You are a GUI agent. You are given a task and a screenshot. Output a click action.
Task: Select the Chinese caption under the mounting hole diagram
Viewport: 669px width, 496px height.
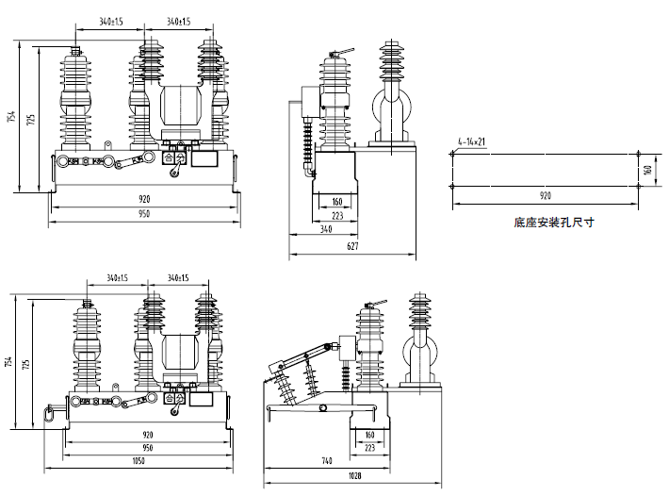[x=554, y=223]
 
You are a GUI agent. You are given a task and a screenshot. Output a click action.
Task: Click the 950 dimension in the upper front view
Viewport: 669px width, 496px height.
[x=144, y=215]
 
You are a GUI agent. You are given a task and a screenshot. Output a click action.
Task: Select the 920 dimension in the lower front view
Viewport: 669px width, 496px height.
[x=147, y=436]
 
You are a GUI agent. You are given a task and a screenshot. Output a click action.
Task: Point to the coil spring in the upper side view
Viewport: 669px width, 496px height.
[x=306, y=145]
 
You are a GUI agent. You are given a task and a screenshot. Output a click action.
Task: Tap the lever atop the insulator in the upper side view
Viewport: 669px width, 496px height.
[x=345, y=55]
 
